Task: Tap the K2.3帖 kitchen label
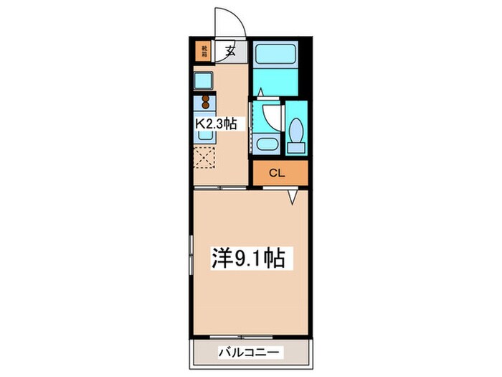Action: pos(216,124)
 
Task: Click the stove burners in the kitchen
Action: pos(205,101)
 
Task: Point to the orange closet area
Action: pos(279,173)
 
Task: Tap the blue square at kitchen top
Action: pos(203,80)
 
